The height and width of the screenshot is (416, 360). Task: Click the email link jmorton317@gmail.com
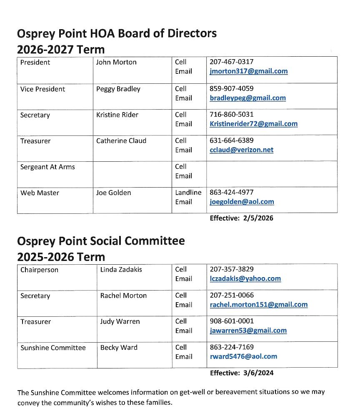click(x=248, y=71)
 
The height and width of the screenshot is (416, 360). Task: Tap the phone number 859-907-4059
click(x=231, y=88)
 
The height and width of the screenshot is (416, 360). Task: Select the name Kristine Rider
click(x=117, y=115)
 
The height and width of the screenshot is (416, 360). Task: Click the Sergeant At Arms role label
click(x=47, y=167)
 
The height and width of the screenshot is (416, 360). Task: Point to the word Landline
click(x=188, y=193)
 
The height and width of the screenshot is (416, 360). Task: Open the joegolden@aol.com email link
click(x=242, y=202)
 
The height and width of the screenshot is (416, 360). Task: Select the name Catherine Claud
click(x=121, y=141)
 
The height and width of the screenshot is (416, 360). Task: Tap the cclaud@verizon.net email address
click(x=241, y=150)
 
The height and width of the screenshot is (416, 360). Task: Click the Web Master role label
click(x=40, y=193)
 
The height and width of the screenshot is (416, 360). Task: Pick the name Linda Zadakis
click(x=121, y=270)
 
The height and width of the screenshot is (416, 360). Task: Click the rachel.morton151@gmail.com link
click(x=258, y=305)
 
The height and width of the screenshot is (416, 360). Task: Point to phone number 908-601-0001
click(x=231, y=321)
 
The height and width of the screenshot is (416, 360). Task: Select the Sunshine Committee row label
click(x=53, y=348)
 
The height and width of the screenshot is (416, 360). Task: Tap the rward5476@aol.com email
click(x=243, y=356)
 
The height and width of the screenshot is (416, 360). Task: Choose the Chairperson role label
click(x=39, y=270)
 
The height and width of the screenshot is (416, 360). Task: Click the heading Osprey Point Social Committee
click(x=101, y=241)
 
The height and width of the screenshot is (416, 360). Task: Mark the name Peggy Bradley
click(x=118, y=89)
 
